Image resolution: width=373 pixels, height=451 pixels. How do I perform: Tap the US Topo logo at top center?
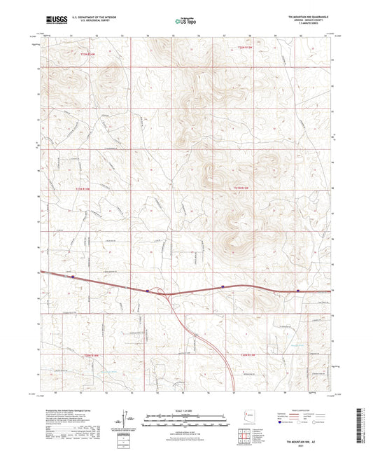185,22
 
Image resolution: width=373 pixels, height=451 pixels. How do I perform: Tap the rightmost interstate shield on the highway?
298,290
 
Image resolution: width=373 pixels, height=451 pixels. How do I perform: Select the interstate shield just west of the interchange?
148,290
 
